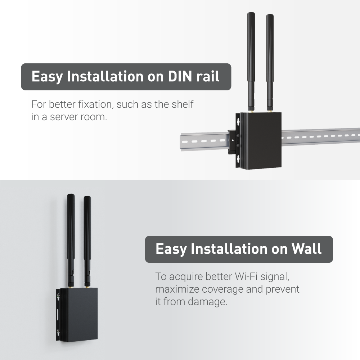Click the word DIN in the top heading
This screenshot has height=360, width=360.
click(x=180, y=76)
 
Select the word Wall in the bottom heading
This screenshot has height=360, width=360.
click(x=306, y=249)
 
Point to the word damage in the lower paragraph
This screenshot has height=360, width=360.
click(x=207, y=302)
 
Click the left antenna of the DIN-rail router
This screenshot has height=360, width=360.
click(x=251, y=62)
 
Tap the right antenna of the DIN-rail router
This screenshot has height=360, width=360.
click(x=270, y=63)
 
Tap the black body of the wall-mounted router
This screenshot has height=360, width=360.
click(x=79, y=315)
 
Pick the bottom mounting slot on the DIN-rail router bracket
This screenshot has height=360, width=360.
click(x=238, y=158)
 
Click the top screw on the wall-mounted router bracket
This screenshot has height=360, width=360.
click(x=58, y=296)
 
